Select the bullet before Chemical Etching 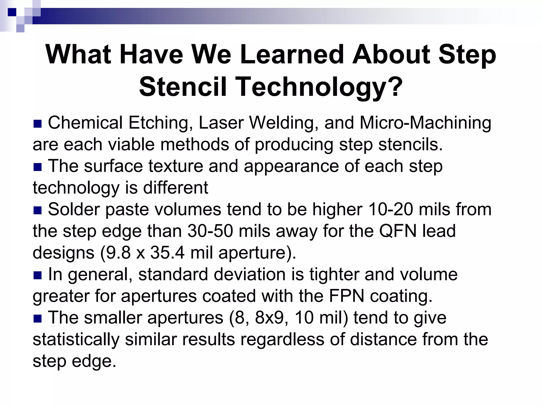(38, 123)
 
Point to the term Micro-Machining (425, 123)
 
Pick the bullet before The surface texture (38, 167)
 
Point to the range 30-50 (210, 231)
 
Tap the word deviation (250, 274)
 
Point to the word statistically (76, 339)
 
